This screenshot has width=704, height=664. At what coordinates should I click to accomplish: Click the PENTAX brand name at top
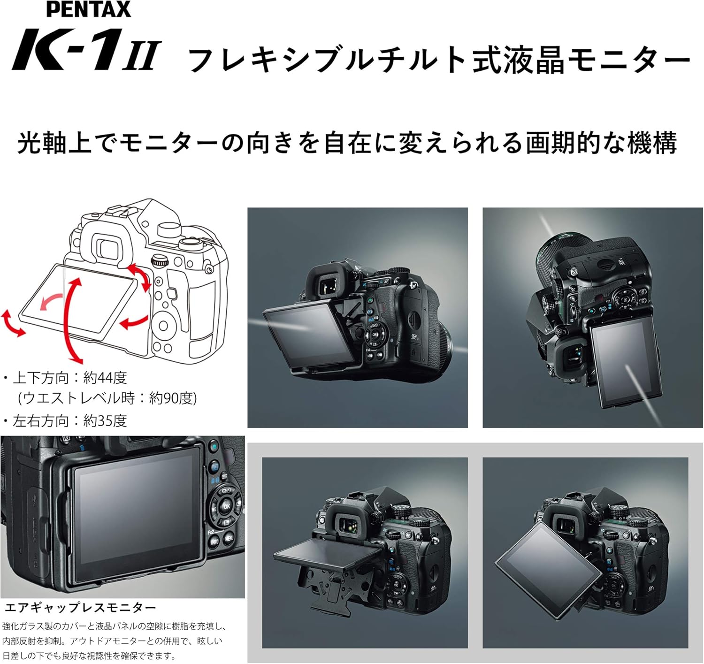[x=89, y=9]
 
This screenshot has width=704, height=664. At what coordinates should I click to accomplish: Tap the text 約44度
[x=105, y=377]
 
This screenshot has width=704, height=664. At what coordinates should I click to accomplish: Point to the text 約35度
[x=105, y=421]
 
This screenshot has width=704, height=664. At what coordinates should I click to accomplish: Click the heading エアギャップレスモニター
[x=80, y=608]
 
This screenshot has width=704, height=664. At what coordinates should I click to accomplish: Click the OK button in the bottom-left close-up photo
[x=227, y=506]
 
